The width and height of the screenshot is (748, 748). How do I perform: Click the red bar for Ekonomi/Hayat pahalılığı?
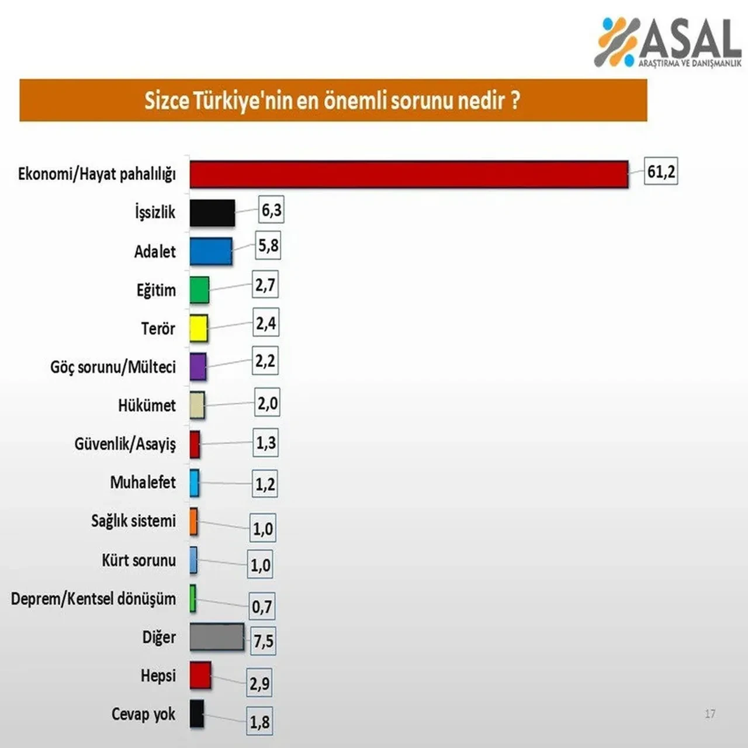click(x=408, y=174)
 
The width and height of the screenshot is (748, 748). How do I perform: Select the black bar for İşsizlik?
click(x=212, y=213)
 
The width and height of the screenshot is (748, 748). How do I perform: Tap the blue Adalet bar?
click(x=211, y=251)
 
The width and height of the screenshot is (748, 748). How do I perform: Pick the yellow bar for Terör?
click(x=199, y=328)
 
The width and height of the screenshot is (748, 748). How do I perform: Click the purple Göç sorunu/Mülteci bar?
click(x=198, y=366)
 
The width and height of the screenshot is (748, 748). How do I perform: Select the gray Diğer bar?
click(x=217, y=636)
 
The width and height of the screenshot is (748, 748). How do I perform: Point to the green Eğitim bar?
click(x=199, y=290)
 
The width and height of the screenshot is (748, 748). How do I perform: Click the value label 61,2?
click(x=661, y=171)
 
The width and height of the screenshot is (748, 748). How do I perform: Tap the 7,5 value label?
click(x=264, y=641)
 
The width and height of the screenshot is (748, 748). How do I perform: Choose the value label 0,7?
click(x=262, y=607)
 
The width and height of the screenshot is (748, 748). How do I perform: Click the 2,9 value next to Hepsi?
click(x=259, y=683)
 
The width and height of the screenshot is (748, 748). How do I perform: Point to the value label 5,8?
click(x=268, y=245)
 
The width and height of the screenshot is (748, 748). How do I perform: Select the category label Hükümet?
click(x=147, y=405)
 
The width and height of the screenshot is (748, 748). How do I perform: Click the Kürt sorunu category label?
click(x=138, y=560)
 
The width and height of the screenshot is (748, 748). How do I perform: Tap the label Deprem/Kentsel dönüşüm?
click(x=93, y=598)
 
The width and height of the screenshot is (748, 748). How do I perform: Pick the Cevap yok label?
click(x=143, y=714)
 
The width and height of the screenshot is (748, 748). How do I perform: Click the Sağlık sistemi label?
click(x=133, y=521)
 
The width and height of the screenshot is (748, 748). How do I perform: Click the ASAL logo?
click(x=668, y=42)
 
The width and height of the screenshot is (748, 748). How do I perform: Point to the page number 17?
click(x=710, y=714)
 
